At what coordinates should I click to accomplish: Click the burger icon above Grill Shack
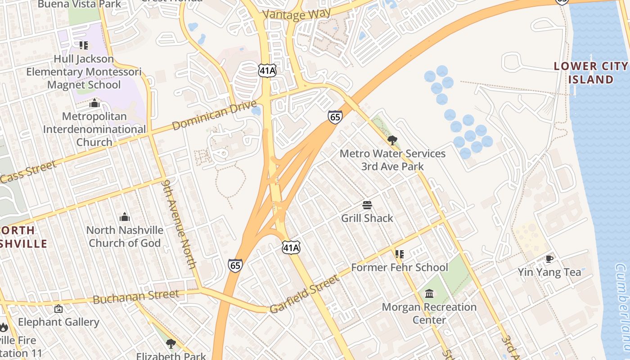(367, 205)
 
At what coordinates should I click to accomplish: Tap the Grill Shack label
(367, 218)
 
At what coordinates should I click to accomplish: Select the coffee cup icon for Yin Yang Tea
(549, 259)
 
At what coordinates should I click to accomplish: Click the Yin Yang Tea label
(549, 272)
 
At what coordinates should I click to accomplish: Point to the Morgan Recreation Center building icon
(429, 294)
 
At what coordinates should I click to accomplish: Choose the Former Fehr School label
(400, 267)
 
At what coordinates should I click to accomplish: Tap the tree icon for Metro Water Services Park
(392, 140)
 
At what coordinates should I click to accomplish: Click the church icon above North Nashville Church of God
(125, 217)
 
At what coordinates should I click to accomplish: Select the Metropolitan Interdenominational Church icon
(94, 103)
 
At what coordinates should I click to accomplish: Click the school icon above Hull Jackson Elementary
(84, 45)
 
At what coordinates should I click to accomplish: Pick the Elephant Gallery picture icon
(58, 309)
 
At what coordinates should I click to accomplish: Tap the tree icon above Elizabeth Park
(171, 344)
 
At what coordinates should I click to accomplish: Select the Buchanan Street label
(136, 297)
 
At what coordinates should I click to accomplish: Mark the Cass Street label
(28, 171)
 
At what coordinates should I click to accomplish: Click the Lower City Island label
(590, 73)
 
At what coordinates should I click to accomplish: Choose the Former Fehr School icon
(400, 254)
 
